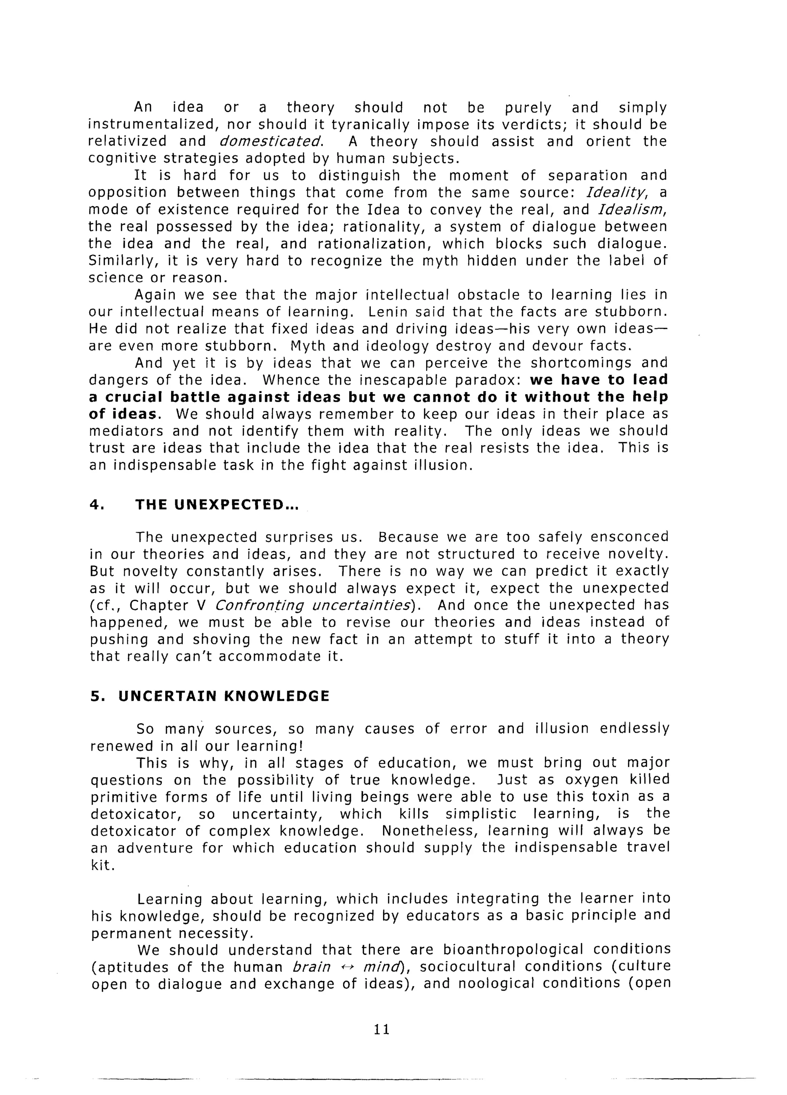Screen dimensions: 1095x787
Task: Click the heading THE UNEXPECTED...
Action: (x=217, y=505)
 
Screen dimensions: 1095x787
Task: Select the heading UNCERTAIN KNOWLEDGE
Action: (x=224, y=696)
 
